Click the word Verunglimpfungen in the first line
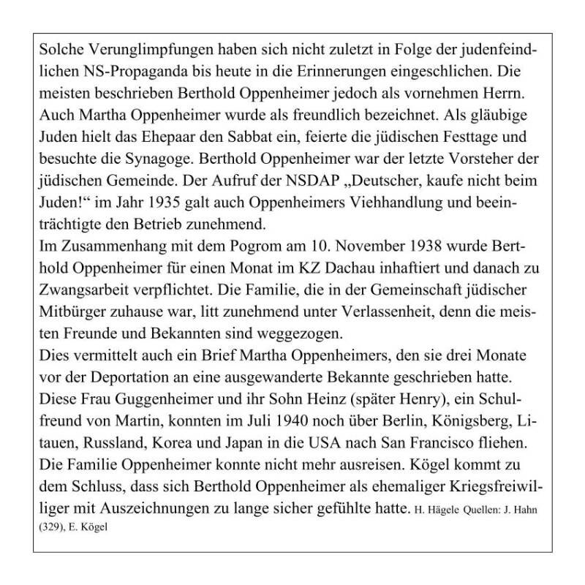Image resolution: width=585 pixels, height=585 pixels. (x=137, y=54)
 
